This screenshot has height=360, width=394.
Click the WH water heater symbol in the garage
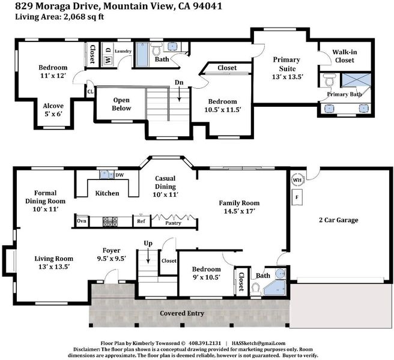click(297, 180)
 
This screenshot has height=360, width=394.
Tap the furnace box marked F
click(297, 197)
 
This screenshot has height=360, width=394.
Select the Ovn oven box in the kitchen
click(82, 221)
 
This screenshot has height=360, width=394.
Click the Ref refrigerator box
click(142, 221)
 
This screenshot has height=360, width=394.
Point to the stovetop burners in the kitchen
click(110, 221)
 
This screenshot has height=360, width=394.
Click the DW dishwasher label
click(120, 175)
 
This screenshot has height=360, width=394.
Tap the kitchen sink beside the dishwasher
click(106, 175)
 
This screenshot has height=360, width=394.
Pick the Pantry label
click(173, 223)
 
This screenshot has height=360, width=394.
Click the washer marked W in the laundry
click(108, 61)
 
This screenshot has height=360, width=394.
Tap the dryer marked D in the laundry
click(108, 50)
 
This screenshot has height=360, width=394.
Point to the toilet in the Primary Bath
click(329, 79)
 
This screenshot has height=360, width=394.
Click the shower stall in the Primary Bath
click(356, 80)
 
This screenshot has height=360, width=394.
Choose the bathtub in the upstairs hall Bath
click(142, 55)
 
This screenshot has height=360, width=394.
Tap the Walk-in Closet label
click(345, 56)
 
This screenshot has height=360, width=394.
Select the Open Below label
click(121, 104)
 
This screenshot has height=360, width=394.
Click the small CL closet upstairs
click(90, 92)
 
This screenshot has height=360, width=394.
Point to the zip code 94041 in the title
click(207, 6)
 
